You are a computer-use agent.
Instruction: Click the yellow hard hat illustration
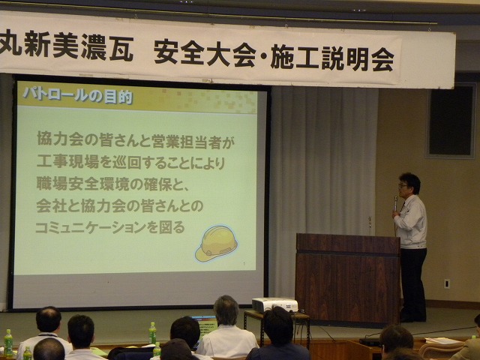(217, 243)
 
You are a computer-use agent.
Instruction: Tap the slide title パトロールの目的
(78, 95)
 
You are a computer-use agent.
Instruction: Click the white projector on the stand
(274, 305)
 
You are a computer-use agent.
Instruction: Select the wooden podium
(348, 278)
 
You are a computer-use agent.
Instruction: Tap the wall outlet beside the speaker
(447, 283)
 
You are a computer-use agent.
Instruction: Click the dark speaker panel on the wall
(451, 120)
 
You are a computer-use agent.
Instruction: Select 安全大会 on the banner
(205, 53)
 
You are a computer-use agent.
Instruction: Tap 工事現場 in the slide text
(67, 162)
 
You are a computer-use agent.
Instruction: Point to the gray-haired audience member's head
(226, 310)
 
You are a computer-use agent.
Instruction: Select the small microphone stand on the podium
(370, 226)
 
